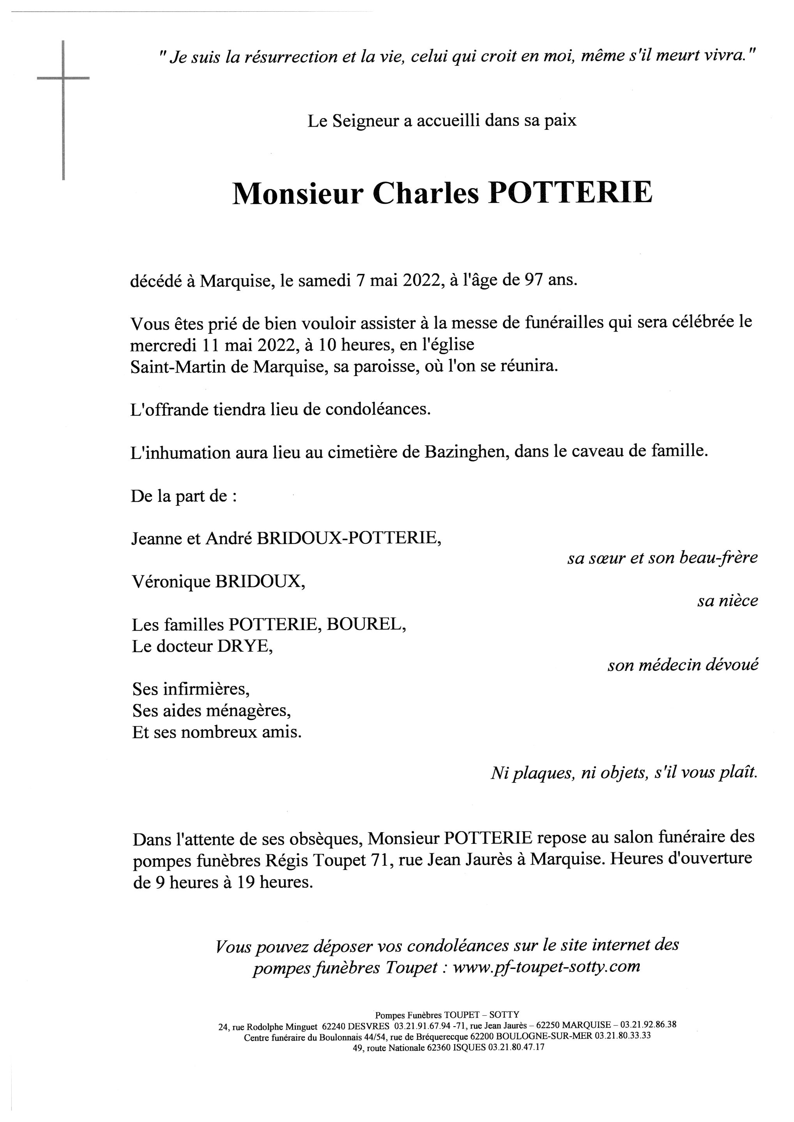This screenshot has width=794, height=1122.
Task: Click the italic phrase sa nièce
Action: coord(727,601)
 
